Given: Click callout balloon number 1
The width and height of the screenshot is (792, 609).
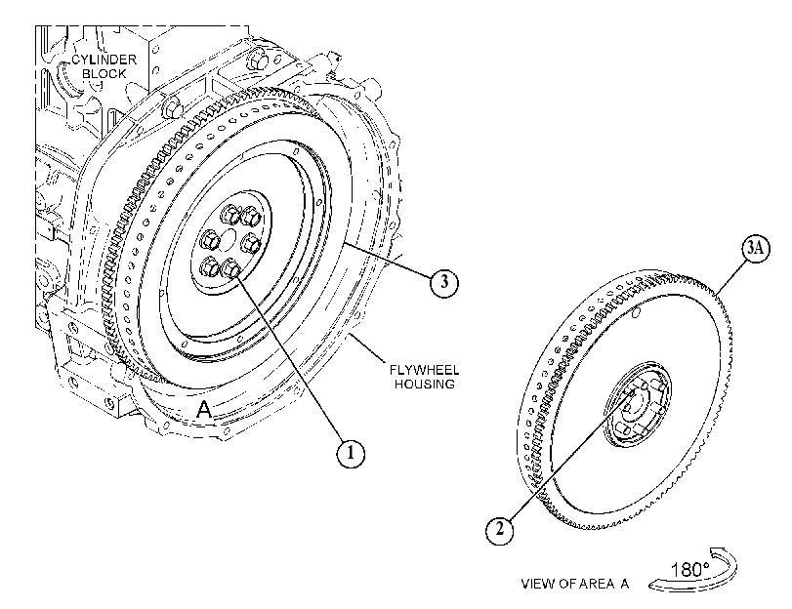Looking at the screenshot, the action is coord(350,453).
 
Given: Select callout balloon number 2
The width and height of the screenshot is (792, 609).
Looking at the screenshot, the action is coord(500,530).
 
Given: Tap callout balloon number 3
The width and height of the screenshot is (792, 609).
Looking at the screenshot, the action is coord(444,282).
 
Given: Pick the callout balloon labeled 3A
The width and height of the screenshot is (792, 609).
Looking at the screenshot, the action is coord(756,249).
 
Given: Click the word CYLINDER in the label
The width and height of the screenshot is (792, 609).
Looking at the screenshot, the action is coord(104,60).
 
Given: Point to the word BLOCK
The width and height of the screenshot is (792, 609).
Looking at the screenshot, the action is coord(104,74).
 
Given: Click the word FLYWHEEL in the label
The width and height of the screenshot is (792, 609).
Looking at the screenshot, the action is coord(424,370).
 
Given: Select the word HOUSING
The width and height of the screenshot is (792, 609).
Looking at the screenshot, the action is coord(424,384).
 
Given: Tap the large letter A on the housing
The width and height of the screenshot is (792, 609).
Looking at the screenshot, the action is coord(204,409).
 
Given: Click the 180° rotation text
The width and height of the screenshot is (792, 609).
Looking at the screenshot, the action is coord(690,570).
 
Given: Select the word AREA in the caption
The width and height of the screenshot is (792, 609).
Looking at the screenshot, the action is coord(597,585).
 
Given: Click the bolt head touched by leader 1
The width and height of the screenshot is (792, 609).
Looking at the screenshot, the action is coord(230,268).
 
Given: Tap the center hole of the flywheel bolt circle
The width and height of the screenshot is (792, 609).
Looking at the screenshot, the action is coord(229,238).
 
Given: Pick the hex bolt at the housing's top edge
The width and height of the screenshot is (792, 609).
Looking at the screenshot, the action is coord(258,61).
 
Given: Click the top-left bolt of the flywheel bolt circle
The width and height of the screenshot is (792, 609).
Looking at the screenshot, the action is coord(230,215).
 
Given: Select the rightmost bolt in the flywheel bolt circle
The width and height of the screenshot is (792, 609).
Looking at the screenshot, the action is coord(251,244).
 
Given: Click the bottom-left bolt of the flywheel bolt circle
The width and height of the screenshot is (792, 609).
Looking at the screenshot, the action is coord(211,266).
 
